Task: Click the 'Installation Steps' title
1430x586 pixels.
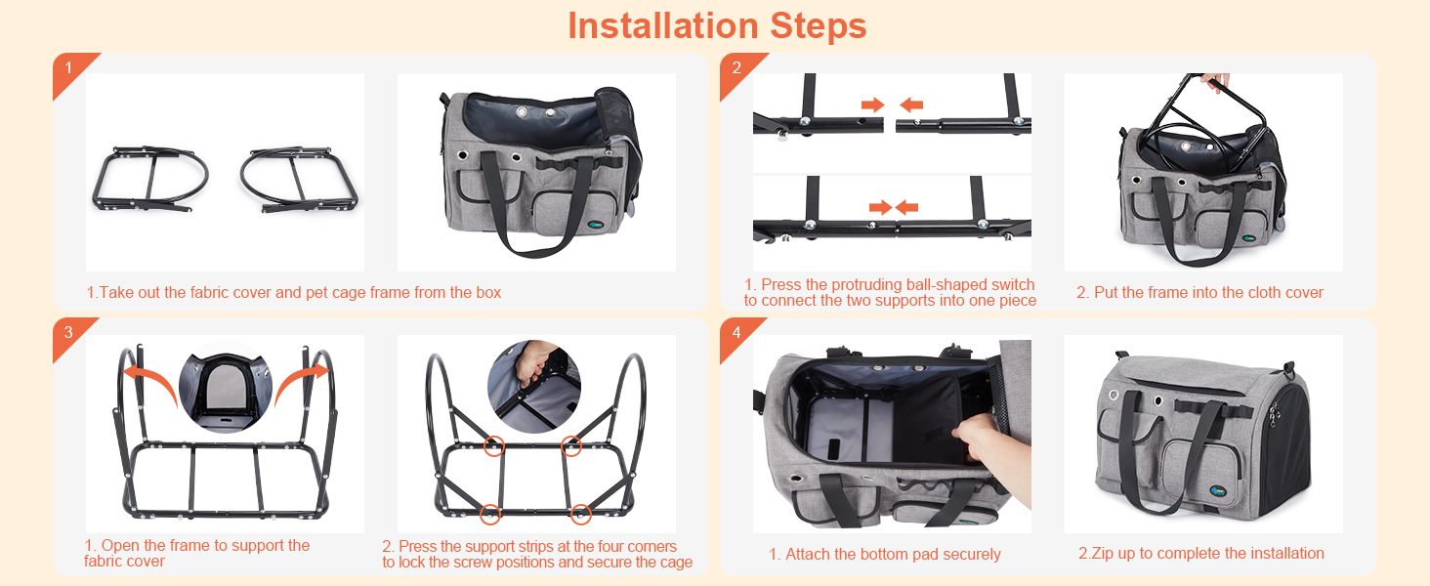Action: (717, 26)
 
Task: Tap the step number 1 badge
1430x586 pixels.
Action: (69, 69)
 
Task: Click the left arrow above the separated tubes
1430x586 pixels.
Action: (872, 105)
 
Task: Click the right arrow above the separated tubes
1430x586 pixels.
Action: (911, 105)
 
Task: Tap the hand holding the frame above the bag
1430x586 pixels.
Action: (1215, 81)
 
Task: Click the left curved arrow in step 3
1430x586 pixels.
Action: (153, 380)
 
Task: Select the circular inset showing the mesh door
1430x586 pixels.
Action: (226, 386)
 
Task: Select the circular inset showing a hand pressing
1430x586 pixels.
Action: (534, 387)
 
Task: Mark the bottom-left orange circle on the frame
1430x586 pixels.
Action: (490, 514)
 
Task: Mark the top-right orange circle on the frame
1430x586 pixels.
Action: (571, 446)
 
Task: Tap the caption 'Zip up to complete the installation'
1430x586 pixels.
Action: (1200, 553)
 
